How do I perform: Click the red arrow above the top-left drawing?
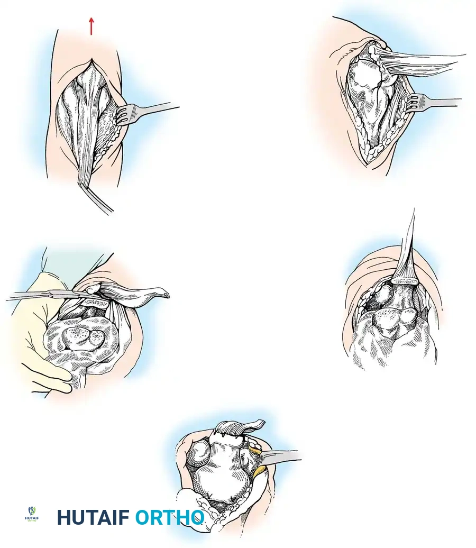coord(91,26)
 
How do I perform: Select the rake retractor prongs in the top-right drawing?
coord(414,102)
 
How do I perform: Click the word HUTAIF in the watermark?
coord(93,517)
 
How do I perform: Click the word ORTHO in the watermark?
coord(169,517)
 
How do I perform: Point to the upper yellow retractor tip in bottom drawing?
coord(255,450)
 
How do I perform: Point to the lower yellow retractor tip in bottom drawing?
coord(261,471)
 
